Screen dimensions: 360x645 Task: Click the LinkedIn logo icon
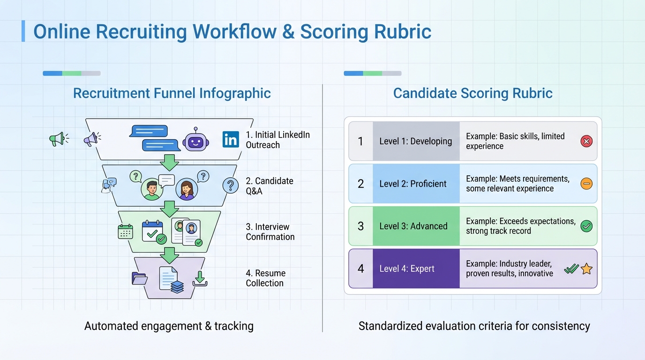pos(231,139)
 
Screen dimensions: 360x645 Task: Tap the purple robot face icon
pos(195,139)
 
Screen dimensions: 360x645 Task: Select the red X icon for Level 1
pos(586,141)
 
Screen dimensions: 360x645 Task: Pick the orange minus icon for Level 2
pos(586,183)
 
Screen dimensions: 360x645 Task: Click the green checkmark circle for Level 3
pos(586,226)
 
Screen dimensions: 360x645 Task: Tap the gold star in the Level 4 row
pos(586,269)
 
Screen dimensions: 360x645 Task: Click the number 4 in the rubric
pos(360,269)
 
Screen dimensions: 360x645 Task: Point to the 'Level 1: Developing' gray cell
pos(416,141)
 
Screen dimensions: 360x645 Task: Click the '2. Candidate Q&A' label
pos(270,186)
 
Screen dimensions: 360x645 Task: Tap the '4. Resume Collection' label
pos(266,278)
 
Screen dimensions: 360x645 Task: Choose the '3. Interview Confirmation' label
pos(270,232)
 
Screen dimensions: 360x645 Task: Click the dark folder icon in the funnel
pos(140,278)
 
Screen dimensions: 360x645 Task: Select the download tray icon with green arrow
pos(200,278)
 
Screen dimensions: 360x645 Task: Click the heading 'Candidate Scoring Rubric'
pos(472,93)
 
